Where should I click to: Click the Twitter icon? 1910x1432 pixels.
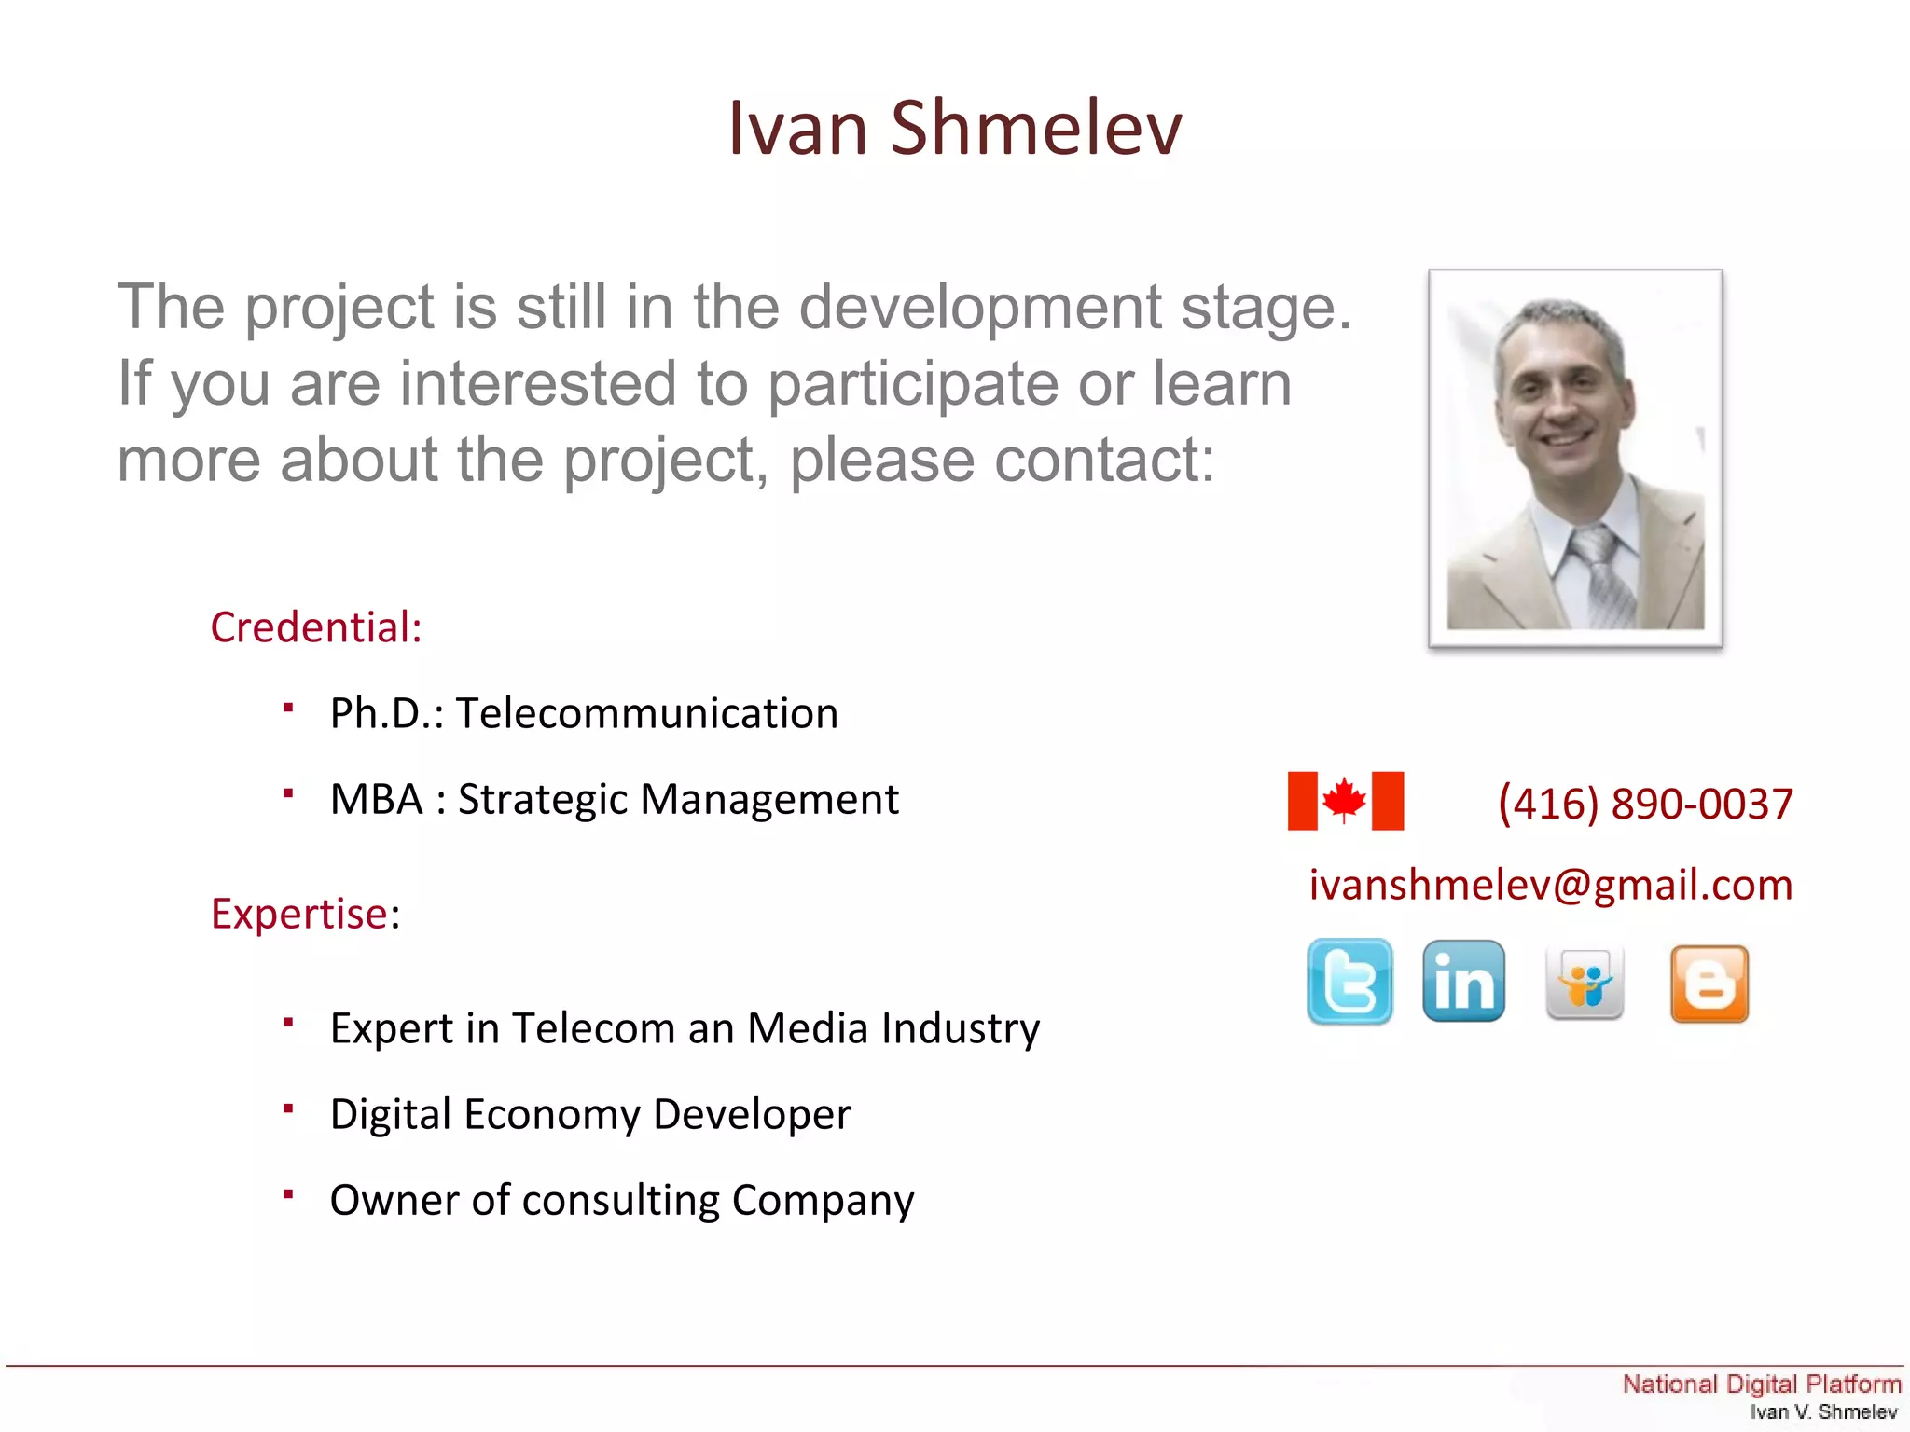tap(1349, 982)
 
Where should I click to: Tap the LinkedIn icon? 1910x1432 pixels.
tap(1463, 982)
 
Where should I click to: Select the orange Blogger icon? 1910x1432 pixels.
tap(1709, 984)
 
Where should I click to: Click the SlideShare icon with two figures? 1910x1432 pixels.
tap(1585, 983)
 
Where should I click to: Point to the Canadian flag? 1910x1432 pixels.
tap(1345, 801)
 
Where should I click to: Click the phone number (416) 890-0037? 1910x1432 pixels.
tap(1645, 804)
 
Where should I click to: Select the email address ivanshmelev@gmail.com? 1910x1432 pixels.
tap(1551, 885)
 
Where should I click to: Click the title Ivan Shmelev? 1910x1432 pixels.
tap(955, 128)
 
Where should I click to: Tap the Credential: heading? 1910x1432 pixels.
tap(316, 627)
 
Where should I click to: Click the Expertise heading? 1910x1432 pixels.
tap(300, 914)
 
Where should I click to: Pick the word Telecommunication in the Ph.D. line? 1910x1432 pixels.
tap(646, 714)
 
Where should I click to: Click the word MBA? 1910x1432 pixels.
tap(377, 800)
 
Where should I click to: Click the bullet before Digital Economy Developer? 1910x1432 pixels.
tap(289, 1108)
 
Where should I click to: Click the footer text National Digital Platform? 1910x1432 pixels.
tap(1761, 1384)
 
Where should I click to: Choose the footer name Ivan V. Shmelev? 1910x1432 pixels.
tap(1823, 1412)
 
